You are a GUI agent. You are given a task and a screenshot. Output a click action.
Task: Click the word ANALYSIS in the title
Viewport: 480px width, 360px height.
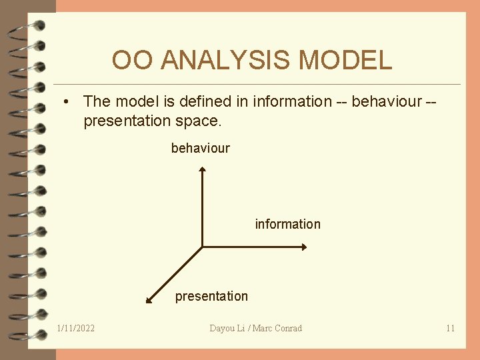[227, 61]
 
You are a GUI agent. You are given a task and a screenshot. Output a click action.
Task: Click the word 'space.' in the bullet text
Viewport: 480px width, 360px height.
[198, 121]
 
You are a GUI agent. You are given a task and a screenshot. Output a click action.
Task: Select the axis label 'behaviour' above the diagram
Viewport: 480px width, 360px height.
[200, 148]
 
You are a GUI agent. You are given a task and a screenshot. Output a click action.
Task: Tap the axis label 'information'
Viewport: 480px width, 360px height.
[287, 224]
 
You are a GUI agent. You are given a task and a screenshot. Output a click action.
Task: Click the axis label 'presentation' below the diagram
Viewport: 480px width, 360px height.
[211, 296]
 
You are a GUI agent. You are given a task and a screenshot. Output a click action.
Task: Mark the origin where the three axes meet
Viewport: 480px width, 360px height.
[202, 247]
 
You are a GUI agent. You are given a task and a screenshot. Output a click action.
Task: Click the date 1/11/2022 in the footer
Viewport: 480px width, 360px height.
[76, 328]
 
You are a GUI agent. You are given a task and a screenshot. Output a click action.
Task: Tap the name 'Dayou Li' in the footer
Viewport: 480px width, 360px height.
[227, 328]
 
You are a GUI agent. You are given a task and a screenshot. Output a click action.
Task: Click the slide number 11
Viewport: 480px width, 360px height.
[450, 328]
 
